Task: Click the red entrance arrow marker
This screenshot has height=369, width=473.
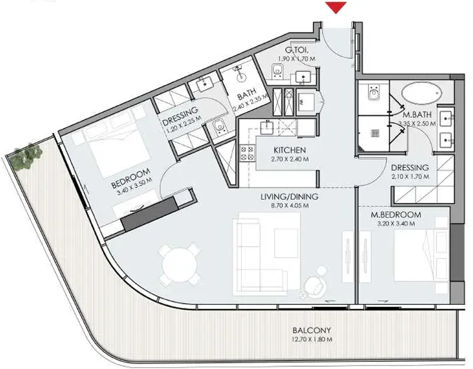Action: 336,7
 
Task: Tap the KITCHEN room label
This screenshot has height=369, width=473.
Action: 290,150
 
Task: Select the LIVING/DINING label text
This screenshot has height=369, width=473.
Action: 289,196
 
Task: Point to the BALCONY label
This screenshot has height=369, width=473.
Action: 312,330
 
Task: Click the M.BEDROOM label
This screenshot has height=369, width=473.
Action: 396,215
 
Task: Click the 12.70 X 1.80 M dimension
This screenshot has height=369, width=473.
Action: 312,339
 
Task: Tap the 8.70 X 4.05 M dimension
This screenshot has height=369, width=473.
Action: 289,206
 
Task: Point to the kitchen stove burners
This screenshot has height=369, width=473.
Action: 247,153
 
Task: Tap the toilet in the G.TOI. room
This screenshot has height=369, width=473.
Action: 277,72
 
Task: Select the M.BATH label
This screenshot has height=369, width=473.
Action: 417,114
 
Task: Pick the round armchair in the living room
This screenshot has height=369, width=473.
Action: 315,284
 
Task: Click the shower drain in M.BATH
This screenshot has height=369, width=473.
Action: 375,133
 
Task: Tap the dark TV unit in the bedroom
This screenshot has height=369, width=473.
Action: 149,214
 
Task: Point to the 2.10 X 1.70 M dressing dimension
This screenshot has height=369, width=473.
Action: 410,177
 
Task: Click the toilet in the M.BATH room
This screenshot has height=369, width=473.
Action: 374,92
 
